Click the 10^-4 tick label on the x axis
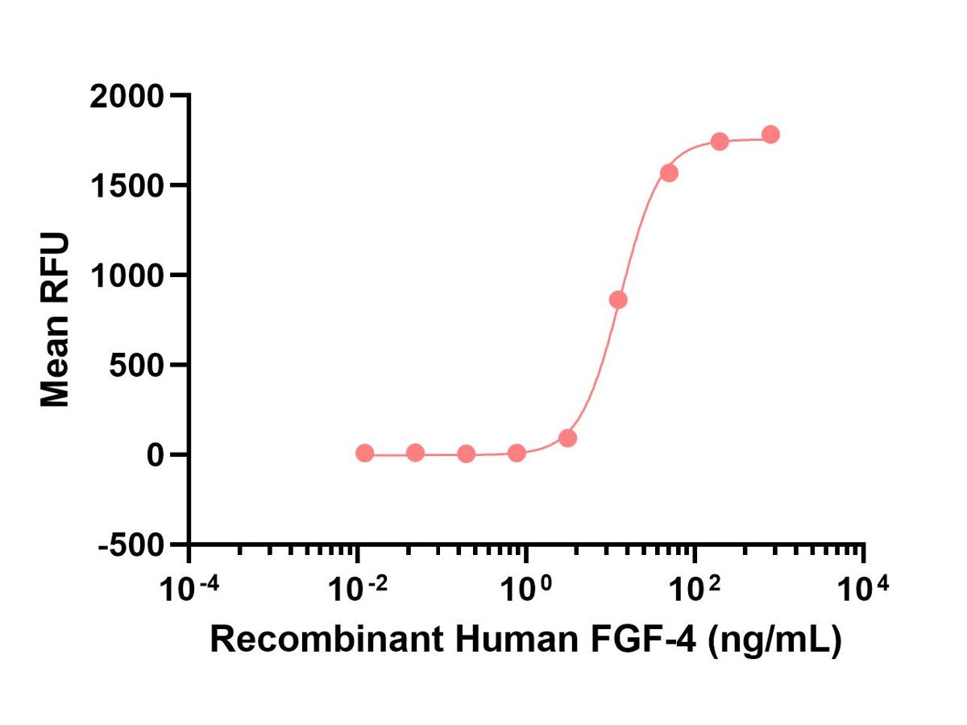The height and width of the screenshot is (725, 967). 190,590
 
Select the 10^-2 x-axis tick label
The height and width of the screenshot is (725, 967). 359,590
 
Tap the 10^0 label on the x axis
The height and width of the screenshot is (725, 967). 526,590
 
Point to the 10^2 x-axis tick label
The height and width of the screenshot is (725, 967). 695,590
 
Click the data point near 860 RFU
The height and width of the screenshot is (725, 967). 618,300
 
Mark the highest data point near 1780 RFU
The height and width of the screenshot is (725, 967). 770,135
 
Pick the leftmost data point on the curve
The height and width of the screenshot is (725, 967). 364,454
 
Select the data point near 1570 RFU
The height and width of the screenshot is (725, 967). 669,173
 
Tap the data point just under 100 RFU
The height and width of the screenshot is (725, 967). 567,438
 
